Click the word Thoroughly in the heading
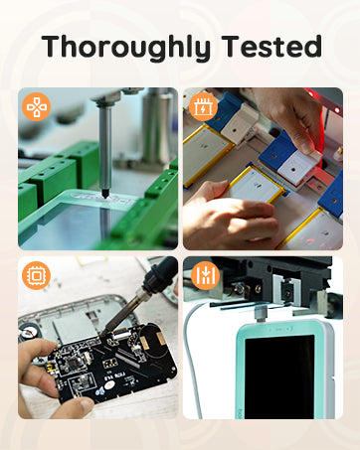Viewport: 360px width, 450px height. tap(126, 49)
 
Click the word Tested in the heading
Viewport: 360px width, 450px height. tap(271, 46)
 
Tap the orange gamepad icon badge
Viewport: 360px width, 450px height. tap(36, 106)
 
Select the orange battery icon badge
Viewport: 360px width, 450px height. tap(203, 106)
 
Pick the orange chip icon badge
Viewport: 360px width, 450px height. tap(36, 275)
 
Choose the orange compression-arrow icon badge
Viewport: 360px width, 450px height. tap(206, 275)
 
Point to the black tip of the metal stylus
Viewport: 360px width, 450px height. tap(105, 194)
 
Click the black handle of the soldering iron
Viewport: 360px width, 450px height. tap(161, 274)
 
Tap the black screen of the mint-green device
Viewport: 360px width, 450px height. tap(279, 376)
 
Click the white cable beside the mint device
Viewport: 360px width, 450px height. tap(192, 358)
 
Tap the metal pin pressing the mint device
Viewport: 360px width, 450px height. tap(261, 313)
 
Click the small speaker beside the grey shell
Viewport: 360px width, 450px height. tap(27, 332)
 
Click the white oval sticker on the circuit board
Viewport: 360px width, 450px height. tap(109, 385)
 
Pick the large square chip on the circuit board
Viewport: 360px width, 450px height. tap(73, 364)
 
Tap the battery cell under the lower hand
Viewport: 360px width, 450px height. tap(257, 187)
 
